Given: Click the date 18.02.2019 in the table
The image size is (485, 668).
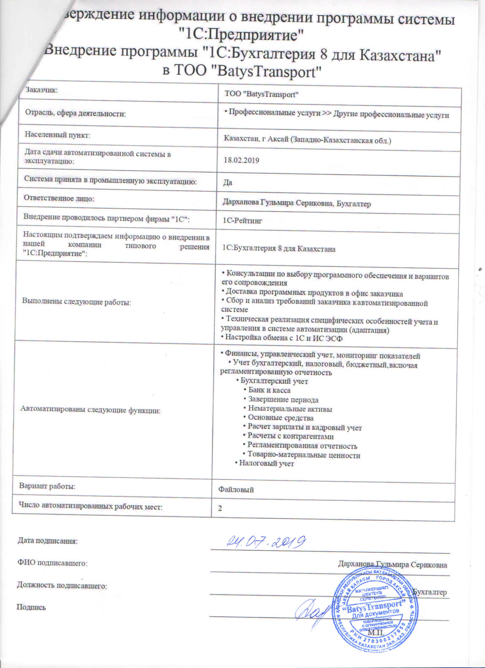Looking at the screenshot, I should click(241, 160).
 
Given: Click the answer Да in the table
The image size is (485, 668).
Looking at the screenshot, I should click(228, 183).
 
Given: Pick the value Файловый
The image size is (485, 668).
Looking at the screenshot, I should click(236, 490).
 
